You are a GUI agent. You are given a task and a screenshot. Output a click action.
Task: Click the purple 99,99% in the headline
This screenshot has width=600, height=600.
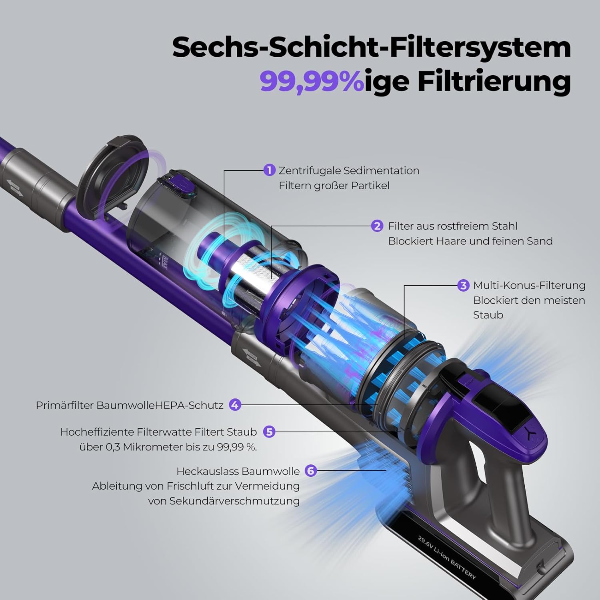point(312,81)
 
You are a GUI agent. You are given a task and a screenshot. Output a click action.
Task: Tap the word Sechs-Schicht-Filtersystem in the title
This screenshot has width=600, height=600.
point(371,47)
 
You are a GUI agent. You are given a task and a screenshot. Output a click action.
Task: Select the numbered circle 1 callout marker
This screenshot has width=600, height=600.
point(270,170)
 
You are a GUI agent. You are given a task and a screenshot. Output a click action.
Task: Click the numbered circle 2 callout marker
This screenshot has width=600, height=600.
point(377,226)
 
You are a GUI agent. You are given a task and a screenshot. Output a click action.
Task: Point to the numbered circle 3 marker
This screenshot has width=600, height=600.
point(463,286)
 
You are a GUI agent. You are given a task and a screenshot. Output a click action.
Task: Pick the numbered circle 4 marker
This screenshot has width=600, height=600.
point(235,405)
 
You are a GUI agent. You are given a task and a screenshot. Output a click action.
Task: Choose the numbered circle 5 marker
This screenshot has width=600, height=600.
point(269,432)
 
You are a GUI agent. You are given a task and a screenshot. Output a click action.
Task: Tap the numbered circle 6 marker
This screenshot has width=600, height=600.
point(310,471)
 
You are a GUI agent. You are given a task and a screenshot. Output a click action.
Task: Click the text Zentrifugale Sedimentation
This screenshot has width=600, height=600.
point(349,170)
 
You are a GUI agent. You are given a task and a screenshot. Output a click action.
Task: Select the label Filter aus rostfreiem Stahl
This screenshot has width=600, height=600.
point(452,226)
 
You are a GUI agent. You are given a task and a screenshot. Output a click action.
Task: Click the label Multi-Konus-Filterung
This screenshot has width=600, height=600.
point(529,286)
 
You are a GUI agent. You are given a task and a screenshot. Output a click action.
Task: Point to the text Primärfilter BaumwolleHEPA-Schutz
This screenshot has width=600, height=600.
point(130,405)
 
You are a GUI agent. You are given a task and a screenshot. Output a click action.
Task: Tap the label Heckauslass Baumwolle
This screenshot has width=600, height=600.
point(238,471)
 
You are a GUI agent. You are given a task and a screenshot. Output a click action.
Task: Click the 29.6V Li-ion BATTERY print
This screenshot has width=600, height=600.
point(447,557)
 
